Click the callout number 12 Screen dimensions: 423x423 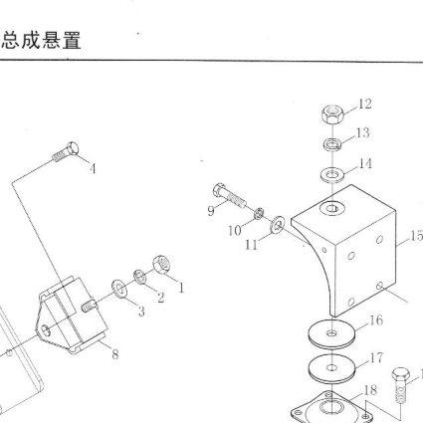pyautogui.click(x=365, y=104)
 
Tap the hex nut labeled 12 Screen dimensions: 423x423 pyautogui.click(x=332, y=113)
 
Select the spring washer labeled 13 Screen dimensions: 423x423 pyautogui.click(x=332, y=144)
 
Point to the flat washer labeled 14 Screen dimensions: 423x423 pyautogui.click(x=332, y=174)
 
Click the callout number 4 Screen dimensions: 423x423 pyautogui.click(x=93, y=169)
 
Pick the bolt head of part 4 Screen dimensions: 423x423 pyautogui.click(x=73, y=148)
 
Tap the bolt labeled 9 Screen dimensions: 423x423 pyautogui.click(x=229, y=195)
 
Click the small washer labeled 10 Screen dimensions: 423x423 pyautogui.click(x=259, y=213)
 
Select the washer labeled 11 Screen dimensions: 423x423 pyautogui.click(x=278, y=225)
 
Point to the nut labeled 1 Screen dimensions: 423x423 pyautogui.click(x=161, y=265)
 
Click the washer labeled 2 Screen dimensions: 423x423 pyautogui.click(x=139, y=277)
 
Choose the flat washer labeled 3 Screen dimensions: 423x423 pyautogui.click(x=119, y=289)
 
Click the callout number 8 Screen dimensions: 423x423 pyautogui.click(x=115, y=354)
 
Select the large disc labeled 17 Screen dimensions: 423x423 pyautogui.click(x=331, y=368)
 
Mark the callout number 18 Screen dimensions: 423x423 pyautogui.click(x=370, y=390)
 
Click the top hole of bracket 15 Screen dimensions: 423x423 pyautogui.click(x=332, y=209)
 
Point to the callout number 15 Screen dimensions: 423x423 pyautogui.click(x=417, y=236)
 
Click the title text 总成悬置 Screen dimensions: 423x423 pyautogui.click(x=42, y=41)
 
